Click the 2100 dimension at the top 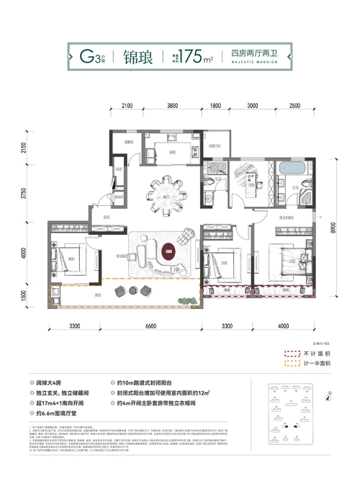(x=127, y=106)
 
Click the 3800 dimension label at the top (x=172, y=106)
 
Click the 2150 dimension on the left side (x=24, y=150)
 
